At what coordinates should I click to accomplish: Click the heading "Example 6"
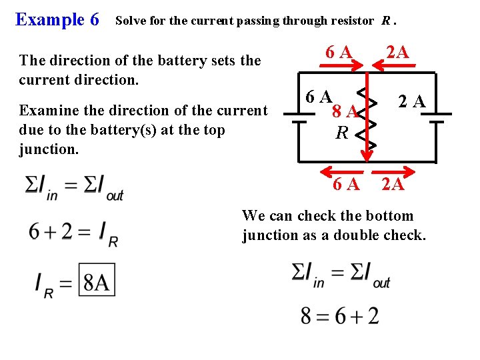(x=57, y=19)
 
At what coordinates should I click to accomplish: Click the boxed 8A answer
(x=97, y=281)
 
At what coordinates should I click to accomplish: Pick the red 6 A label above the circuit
(x=338, y=51)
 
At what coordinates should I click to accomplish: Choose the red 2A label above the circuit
(x=397, y=51)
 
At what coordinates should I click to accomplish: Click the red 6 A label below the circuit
(x=346, y=184)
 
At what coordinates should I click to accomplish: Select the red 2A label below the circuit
(x=393, y=184)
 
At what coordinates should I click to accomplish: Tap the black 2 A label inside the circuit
(x=412, y=101)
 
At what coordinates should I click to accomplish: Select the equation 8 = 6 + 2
(x=339, y=315)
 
